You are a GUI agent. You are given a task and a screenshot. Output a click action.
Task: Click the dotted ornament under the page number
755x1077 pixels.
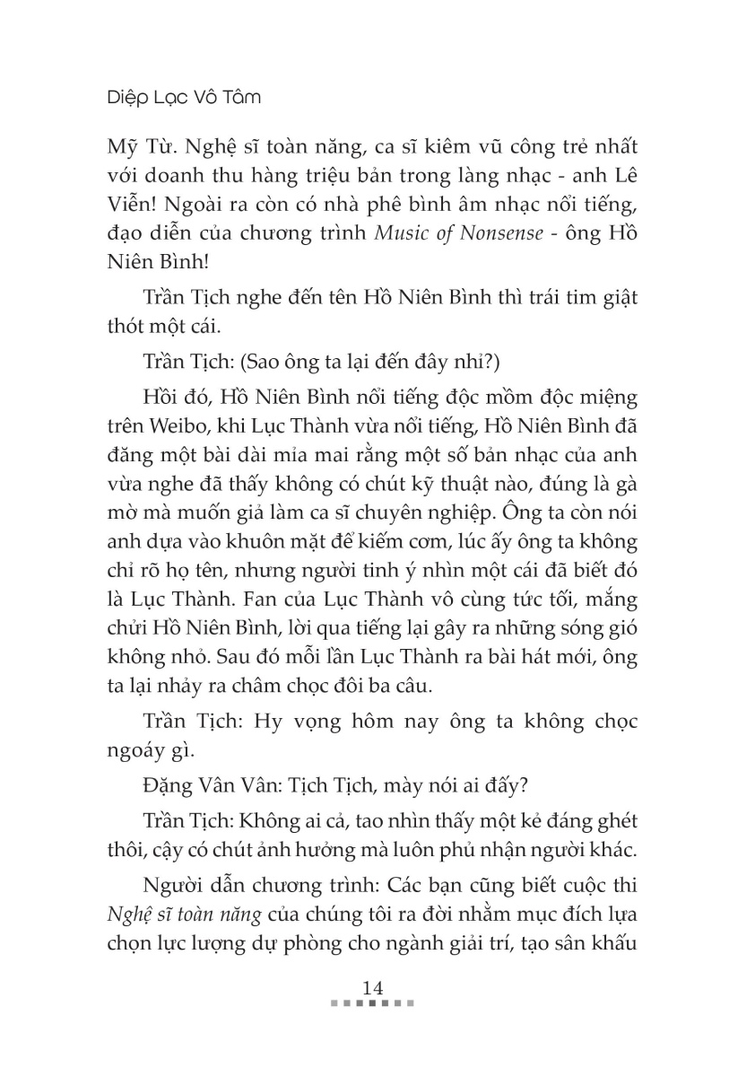click(373, 1003)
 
